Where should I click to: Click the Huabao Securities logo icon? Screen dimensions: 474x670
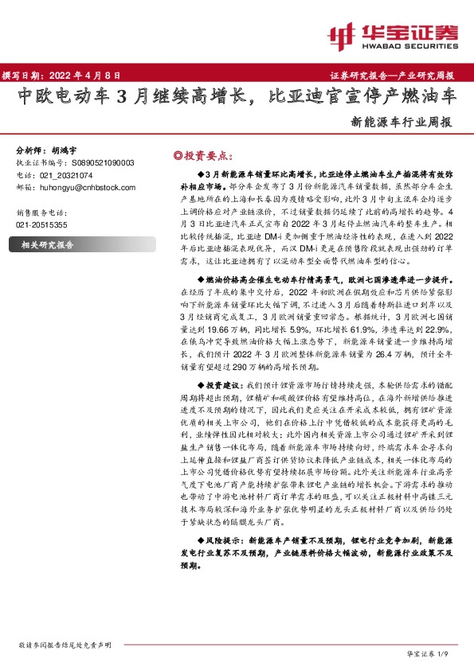pos(343,33)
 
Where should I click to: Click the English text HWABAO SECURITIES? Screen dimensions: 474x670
pos(408,45)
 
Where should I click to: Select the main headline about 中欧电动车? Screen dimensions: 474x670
pos(237,98)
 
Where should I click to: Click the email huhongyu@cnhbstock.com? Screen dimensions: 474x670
pos(87,187)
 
